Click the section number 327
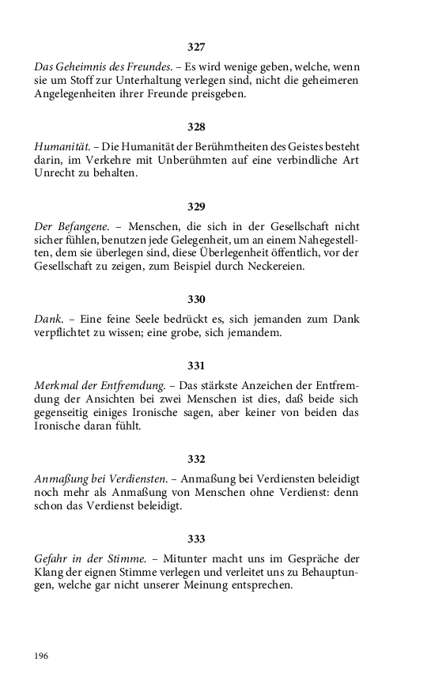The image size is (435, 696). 196,47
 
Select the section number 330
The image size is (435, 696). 196,300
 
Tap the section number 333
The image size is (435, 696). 196,539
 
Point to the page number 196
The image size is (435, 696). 41,656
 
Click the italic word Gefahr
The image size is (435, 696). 53,558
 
